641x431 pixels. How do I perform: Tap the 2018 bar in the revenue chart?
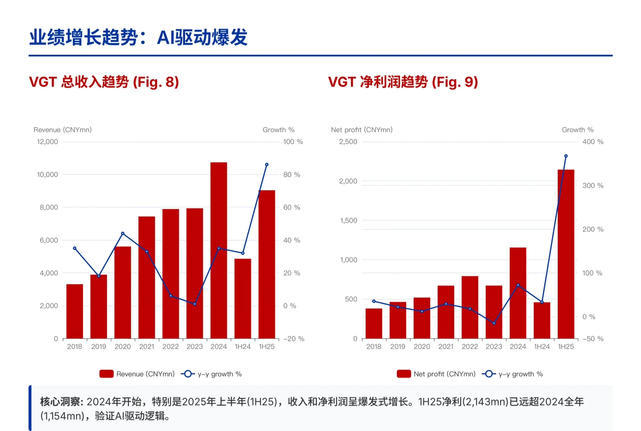coord(75,311)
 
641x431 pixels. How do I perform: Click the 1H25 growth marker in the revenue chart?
coord(267,164)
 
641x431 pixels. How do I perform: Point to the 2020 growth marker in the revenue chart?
coord(122,233)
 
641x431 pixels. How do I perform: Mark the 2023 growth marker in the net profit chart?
coord(494,323)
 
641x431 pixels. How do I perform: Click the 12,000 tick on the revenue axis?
coord(47,142)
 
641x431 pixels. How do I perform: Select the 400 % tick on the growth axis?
coord(593,142)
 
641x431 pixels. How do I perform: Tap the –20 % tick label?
coord(294,339)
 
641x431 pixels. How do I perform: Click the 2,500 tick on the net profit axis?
coord(348,142)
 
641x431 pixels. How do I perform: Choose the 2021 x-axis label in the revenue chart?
coord(146,347)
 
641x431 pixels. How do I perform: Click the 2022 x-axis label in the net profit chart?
coord(469,347)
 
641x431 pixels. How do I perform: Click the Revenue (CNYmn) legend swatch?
coord(107,374)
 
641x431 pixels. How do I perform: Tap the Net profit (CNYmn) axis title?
coord(361,130)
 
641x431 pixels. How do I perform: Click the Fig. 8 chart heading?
coord(104,82)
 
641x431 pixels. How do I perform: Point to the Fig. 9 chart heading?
coord(403,82)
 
